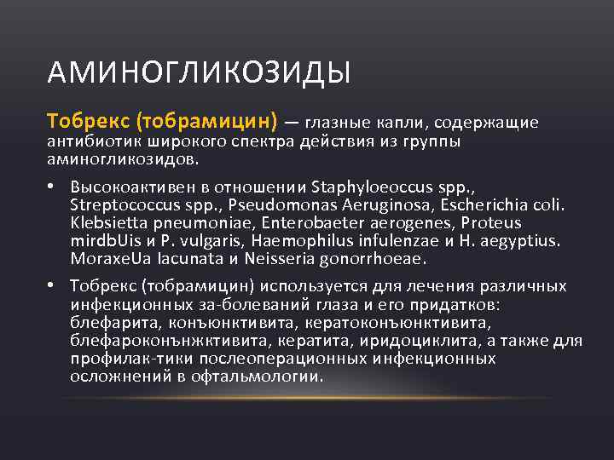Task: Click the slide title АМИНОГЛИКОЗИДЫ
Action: point(199,72)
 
